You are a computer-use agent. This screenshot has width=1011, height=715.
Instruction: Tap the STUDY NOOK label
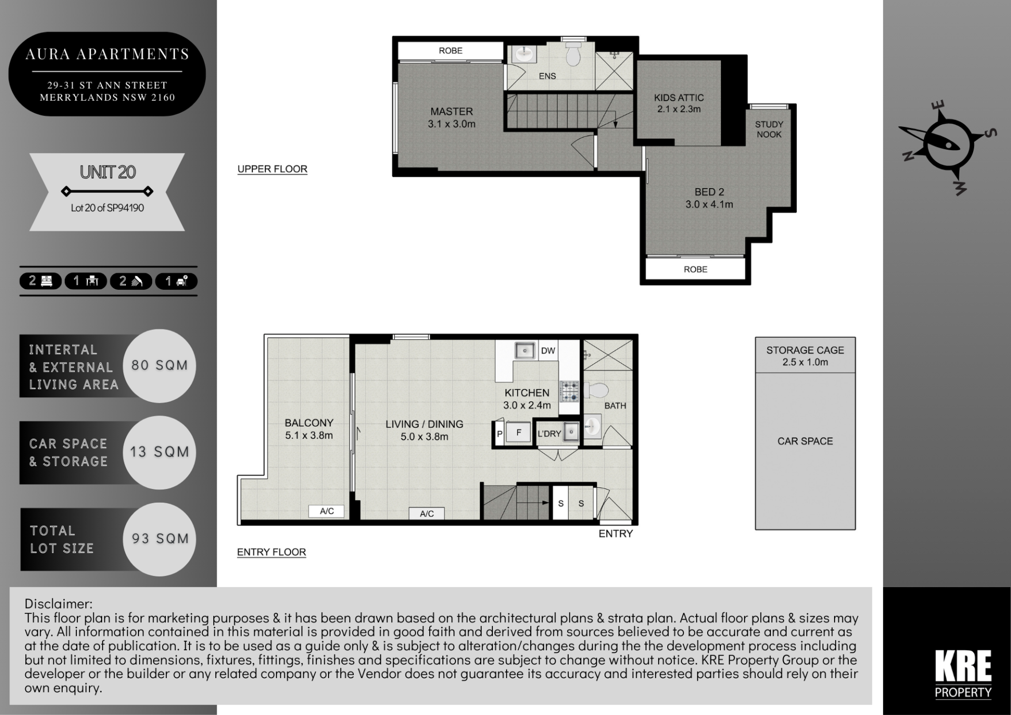[x=769, y=129]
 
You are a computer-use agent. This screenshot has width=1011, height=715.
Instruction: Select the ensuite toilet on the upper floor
[x=573, y=54]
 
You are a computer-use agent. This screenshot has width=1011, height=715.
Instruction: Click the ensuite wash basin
[x=523, y=53]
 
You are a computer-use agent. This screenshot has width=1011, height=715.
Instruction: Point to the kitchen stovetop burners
[x=569, y=391]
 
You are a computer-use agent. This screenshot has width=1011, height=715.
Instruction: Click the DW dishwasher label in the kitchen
[x=548, y=350]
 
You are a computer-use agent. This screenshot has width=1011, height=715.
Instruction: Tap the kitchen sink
[x=524, y=350]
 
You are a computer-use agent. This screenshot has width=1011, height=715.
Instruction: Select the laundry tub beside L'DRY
[x=571, y=432]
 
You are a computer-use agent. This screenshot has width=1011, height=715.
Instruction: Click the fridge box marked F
[x=519, y=433]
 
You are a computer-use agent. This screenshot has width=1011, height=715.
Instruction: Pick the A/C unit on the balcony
[x=326, y=511]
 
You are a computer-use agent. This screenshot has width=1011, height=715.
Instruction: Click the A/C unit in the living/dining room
[x=427, y=514]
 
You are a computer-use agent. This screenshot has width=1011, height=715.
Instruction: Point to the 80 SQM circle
[x=159, y=366]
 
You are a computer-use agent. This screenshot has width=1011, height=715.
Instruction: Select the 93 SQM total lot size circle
[x=159, y=539]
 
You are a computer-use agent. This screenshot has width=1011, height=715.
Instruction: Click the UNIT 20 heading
[x=107, y=172]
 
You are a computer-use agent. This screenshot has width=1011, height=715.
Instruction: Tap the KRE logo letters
[x=963, y=666]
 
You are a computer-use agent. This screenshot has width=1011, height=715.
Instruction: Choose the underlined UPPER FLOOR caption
[x=272, y=169]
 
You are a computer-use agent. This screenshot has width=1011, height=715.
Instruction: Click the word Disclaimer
[x=58, y=604]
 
